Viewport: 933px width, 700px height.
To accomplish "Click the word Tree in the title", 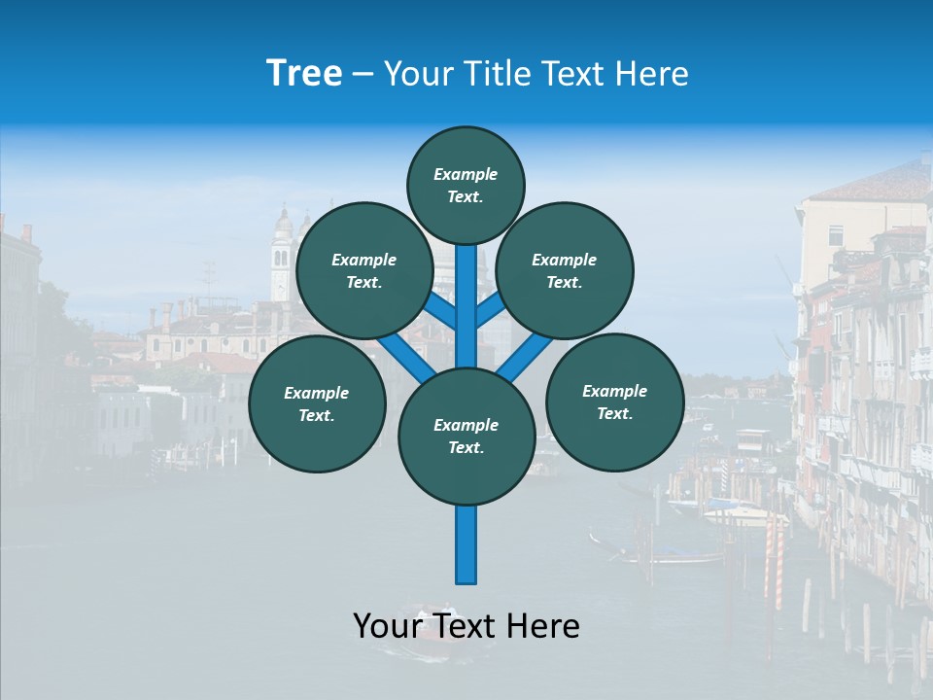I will [304, 74].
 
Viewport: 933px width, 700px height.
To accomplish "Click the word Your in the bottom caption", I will [386, 626].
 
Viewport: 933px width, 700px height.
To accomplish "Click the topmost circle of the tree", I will [466, 185].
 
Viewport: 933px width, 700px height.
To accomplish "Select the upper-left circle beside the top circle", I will [363, 270].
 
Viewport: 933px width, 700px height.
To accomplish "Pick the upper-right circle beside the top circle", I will [564, 270].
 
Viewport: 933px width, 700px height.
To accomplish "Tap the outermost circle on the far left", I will [317, 403].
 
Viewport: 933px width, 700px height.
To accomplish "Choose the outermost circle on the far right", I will [614, 402].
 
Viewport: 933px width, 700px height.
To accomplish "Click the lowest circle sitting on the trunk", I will [466, 437].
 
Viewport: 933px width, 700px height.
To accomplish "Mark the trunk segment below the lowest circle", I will [466, 544].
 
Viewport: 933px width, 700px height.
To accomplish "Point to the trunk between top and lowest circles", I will [466, 306].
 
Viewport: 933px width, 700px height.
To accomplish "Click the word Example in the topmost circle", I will [466, 174].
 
